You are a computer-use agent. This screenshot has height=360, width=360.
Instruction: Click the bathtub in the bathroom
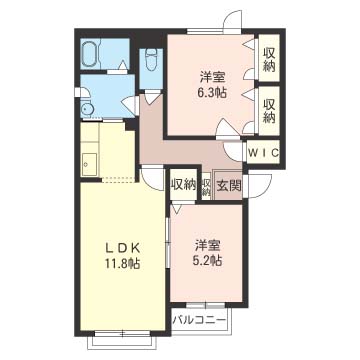tap(89, 53)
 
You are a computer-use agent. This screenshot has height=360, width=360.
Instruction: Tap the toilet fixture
tap(152, 59)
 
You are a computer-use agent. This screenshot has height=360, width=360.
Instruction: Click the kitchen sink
tap(89, 164)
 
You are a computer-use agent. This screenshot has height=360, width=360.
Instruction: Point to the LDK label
tap(122, 247)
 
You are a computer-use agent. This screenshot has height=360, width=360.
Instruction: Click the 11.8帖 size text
tap(122, 264)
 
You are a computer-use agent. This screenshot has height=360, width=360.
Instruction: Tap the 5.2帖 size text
tap(208, 260)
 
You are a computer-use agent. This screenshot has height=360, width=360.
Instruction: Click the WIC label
tap(263, 153)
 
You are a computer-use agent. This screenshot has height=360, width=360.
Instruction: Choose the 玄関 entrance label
tap(229, 186)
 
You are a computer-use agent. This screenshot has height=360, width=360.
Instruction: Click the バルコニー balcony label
tap(199, 321)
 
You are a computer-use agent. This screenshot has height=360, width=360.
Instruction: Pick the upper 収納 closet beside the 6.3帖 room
tap(269, 60)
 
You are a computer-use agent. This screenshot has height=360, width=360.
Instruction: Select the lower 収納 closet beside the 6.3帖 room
tap(269, 111)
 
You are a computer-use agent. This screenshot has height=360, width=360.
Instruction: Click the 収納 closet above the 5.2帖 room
tap(183, 185)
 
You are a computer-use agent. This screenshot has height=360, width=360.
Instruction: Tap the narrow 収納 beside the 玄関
tap(206, 187)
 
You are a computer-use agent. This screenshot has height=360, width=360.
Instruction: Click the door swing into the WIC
tap(234, 152)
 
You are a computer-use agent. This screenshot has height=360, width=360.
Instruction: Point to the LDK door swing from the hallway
tap(153, 179)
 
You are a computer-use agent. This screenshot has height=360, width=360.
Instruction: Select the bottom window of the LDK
tap(123, 332)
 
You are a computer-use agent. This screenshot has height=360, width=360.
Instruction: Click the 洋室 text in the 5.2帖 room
tap(208, 246)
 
